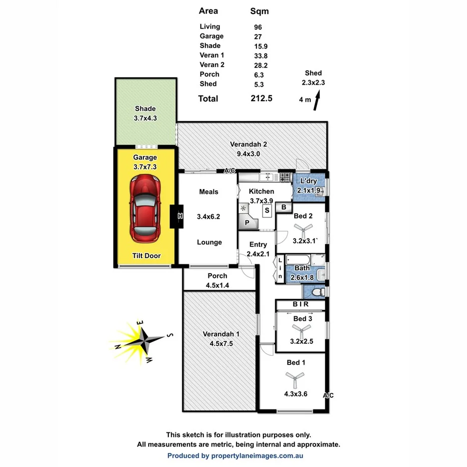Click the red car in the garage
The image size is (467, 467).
coord(145,208)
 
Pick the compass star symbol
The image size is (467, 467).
coord(144,340)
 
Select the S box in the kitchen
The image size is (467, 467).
coord(267,210)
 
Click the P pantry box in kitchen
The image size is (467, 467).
coord(247,222)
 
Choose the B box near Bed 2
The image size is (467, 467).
coord(284,206)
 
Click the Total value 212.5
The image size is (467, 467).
coord(261,99)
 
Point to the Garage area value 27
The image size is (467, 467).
coord(258,36)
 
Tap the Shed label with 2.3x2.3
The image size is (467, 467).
coord(313,78)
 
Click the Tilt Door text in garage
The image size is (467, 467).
coord(146,256)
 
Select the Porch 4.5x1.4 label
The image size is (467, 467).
coord(217,280)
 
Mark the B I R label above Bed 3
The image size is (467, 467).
coord(300,304)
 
